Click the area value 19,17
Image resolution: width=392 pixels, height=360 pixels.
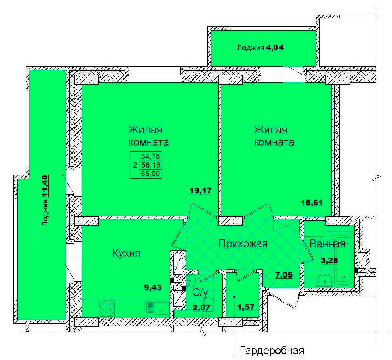pyautogui.click(x=201, y=191)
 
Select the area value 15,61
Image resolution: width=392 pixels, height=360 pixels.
pyautogui.click(x=312, y=203)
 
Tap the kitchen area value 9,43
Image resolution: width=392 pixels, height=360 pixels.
pyautogui.click(x=153, y=287)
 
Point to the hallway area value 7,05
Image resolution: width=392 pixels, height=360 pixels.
pyautogui.click(x=284, y=275)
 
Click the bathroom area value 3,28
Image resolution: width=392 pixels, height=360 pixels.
pyautogui.click(x=329, y=260)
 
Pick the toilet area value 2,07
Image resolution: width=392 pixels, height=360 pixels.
pyautogui.click(x=201, y=307)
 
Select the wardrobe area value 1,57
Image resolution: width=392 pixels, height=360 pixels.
pyautogui.click(x=246, y=307)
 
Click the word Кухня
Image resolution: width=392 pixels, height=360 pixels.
pyautogui.click(x=126, y=253)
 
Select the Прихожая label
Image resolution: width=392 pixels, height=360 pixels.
pyautogui.click(x=243, y=244)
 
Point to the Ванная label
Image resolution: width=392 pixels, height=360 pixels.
pyautogui.click(x=328, y=244)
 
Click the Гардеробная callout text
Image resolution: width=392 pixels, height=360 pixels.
pyautogui.click(x=272, y=351)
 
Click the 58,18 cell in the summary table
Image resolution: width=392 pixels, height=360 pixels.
pyautogui.click(x=151, y=165)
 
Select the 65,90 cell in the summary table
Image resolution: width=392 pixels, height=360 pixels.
pyautogui.click(x=151, y=174)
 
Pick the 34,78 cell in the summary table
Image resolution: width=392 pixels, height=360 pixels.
pyautogui.click(x=151, y=156)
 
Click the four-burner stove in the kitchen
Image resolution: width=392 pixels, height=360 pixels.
pyautogui.click(x=107, y=309)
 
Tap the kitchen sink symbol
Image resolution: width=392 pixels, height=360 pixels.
pyautogui.click(x=157, y=308)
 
